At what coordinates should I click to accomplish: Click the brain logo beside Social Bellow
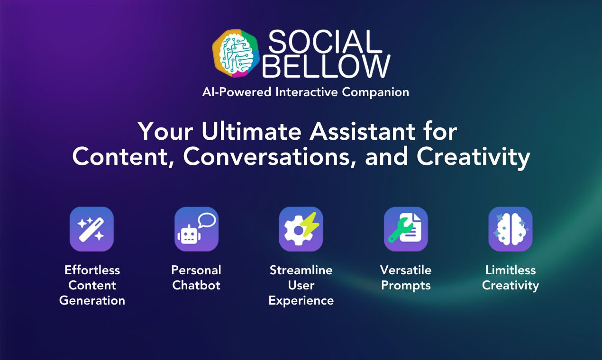(x=236, y=54)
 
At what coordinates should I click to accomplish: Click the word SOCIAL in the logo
(x=325, y=42)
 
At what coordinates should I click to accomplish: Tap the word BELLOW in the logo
(x=326, y=66)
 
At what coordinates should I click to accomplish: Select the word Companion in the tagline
(x=375, y=92)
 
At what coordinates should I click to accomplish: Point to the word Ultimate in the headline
(x=251, y=131)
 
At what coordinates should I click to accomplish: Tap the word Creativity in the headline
(x=473, y=157)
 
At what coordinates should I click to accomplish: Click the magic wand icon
(x=91, y=229)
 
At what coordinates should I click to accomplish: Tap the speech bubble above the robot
(x=207, y=220)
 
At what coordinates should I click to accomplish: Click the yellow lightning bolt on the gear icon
(x=310, y=225)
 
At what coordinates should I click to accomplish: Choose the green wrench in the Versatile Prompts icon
(x=400, y=230)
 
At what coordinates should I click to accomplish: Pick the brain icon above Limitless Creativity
(x=511, y=229)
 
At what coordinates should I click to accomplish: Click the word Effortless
(x=92, y=270)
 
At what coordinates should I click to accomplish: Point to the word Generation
(x=92, y=300)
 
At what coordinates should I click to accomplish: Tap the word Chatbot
(x=196, y=285)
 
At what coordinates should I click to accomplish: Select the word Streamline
(x=301, y=270)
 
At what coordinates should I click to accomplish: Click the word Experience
(x=301, y=301)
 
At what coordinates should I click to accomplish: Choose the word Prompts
(x=406, y=286)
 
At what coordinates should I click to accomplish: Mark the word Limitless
(x=511, y=270)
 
